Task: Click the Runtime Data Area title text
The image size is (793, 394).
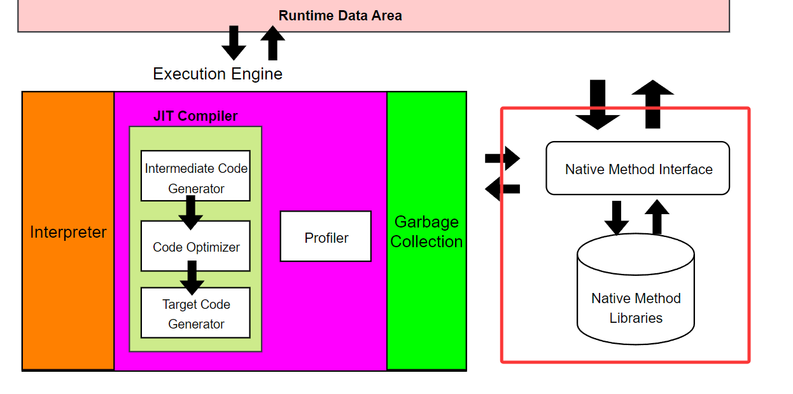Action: point(340,16)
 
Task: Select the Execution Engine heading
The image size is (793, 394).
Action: point(218,74)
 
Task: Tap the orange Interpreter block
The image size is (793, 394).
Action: point(68,232)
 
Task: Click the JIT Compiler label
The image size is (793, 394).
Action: point(195,116)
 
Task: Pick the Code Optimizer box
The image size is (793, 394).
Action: point(195,247)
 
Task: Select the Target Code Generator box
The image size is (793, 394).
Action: point(195,313)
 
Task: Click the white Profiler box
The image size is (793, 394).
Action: point(326,236)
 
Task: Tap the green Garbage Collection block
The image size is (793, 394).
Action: point(426,231)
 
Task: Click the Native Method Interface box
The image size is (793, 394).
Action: point(638,168)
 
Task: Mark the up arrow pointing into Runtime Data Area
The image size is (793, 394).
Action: point(273,43)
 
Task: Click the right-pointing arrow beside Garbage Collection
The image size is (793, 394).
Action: point(503,158)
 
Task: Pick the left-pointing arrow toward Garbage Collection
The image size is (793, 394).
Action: point(503,189)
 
